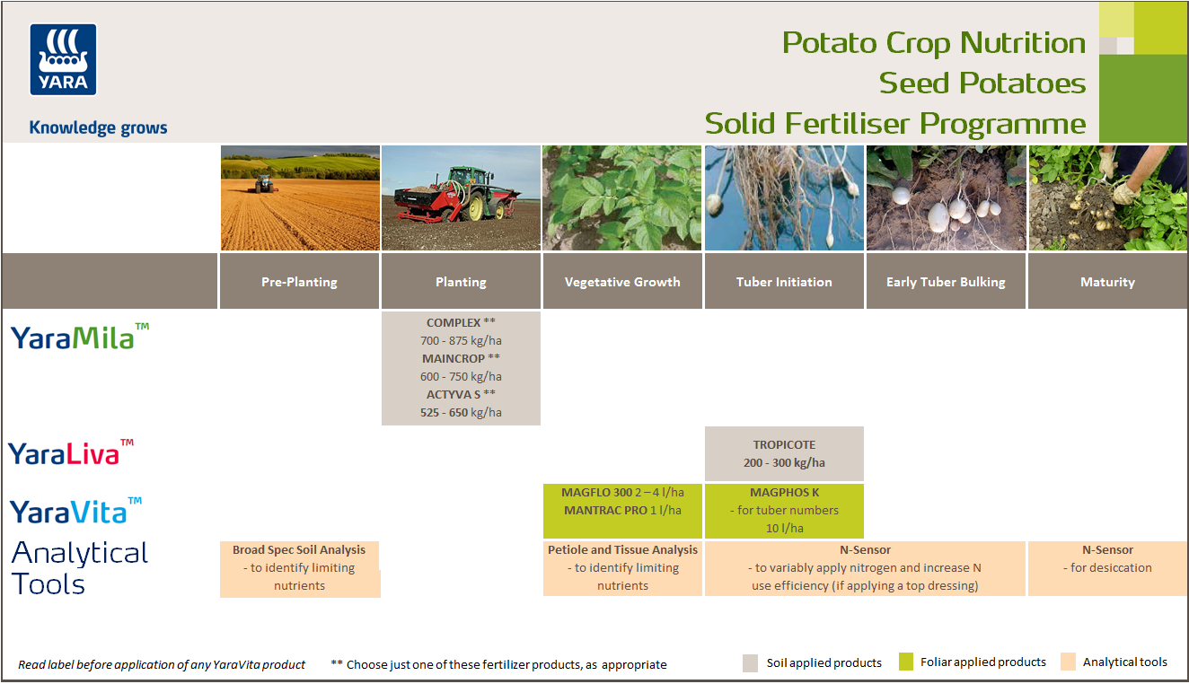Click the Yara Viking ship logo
63,59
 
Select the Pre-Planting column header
299,282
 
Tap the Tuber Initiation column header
784,282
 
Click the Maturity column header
1107,282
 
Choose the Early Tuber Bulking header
946,282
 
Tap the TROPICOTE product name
784,444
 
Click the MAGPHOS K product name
784,492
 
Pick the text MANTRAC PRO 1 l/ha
621,510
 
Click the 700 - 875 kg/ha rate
461,340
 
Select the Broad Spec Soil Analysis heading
299,549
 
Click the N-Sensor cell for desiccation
1107,558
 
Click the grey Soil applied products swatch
750,663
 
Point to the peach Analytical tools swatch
1067,662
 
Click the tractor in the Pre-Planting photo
264,183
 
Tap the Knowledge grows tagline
98,127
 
